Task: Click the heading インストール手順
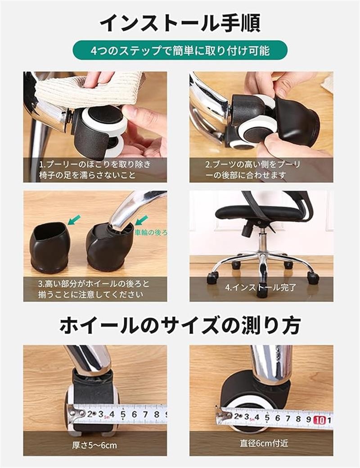coord(180,22)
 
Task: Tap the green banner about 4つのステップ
coord(180,50)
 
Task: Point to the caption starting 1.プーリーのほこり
coord(95,170)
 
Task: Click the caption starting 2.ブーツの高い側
coord(252,170)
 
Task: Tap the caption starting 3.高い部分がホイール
coord(94,289)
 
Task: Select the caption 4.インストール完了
coord(261,287)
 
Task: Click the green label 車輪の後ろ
coord(151,232)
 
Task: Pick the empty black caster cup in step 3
coord(49,247)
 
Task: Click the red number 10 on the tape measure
coord(319,420)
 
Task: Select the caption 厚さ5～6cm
coord(94,445)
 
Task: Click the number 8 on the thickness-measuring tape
coord(157,414)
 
